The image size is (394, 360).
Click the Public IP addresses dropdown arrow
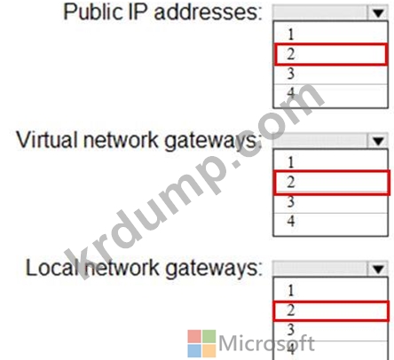pyautogui.click(x=378, y=12)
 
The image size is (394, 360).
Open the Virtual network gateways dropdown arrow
pyautogui.click(x=378, y=141)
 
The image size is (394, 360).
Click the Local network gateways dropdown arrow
pyautogui.click(x=378, y=269)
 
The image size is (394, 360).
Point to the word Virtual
pyautogui.click(x=48, y=139)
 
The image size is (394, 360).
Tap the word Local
pyautogui.click(x=51, y=268)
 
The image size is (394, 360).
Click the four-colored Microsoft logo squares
pyautogui.click(x=201, y=343)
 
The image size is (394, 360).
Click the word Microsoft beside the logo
pyautogui.click(x=266, y=344)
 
